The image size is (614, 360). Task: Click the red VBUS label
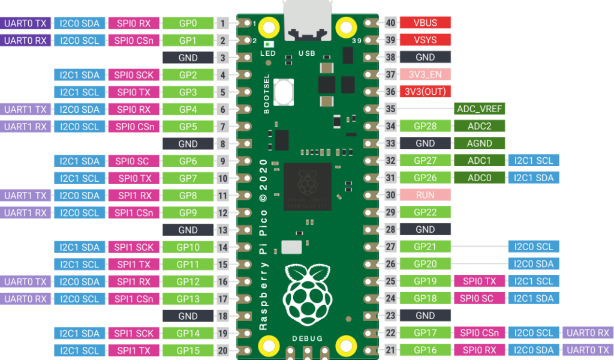[425, 23]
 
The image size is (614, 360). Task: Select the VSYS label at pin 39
[425, 40]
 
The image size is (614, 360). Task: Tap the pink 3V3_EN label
[425, 74]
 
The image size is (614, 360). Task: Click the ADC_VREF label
[479, 109]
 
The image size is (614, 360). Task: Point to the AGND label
[479, 143]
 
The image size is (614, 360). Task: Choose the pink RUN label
[425, 195]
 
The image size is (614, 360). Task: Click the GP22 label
[425, 212]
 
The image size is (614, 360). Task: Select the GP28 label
[425, 126]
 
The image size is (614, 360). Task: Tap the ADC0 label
[479, 178]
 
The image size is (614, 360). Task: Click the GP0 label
[188, 23]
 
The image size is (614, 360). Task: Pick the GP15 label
[188, 350]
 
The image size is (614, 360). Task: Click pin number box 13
[222, 230]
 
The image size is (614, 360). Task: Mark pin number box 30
[391, 195]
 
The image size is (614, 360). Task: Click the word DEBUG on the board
[307, 338]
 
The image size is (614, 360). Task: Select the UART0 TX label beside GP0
[25, 23]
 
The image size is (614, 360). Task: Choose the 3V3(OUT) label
[425, 92]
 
